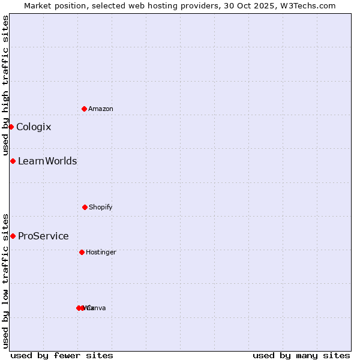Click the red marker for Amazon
click(x=84, y=109)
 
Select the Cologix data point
click(x=11, y=127)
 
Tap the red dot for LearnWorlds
click(x=13, y=161)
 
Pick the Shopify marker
click(x=85, y=207)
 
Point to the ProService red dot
click(x=13, y=236)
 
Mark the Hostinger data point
click(x=82, y=252)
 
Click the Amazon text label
click(x=101, y=109)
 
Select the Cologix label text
click(x=34, y=127)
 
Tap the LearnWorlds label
click(x=47, y=161)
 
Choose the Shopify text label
click(x=101, y=207)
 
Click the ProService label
click(x=43, y=236)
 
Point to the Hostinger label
click(x=101, y=252)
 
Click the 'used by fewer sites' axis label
click(x=62, y=355)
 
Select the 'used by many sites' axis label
click(x=301, y=355)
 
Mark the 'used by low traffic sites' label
click(x=5, y=280)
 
